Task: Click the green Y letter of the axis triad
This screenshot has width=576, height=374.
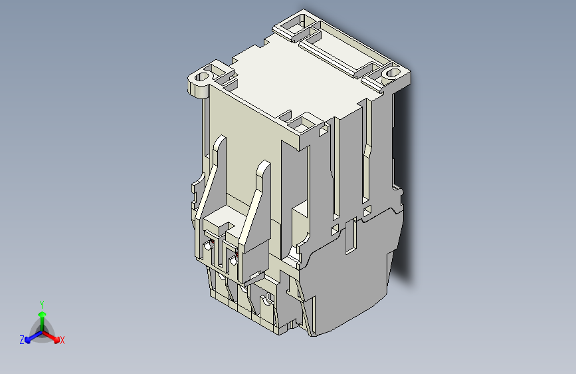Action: [42, 303]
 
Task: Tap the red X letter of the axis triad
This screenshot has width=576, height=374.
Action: [62, 341]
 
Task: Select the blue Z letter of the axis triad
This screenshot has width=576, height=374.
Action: [22, 340]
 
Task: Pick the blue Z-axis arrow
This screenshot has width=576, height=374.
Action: [30, 336]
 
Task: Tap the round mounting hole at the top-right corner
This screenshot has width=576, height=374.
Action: [391, 71]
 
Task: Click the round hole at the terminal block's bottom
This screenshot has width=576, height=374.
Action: [268, 301]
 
